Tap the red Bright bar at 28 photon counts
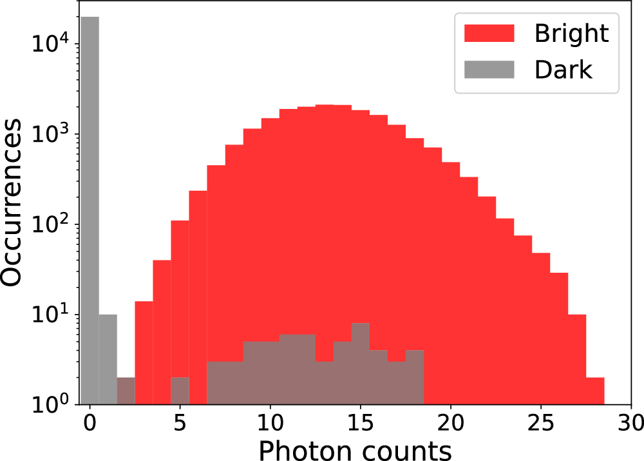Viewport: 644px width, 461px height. (595, 391)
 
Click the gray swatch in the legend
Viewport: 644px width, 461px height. (489, 68)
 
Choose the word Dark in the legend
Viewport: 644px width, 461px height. (563, 68)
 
